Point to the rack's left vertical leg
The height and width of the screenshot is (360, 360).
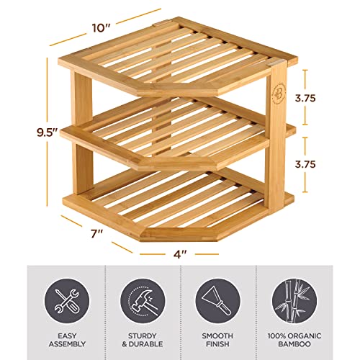[75, 137]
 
